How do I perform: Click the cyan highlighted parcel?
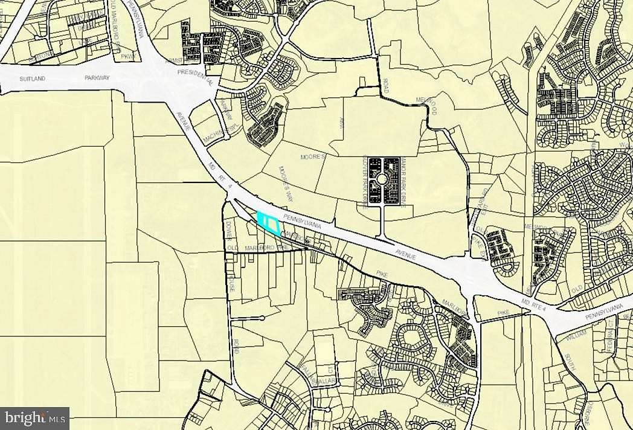[x=269, y=223]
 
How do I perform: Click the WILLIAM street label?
[x=577, y=340]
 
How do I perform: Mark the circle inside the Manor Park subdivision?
[x=382, y=179]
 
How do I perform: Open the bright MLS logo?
[x=34, y=417]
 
